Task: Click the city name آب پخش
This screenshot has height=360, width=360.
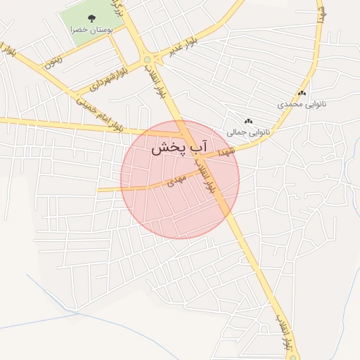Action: [x=180, y=148]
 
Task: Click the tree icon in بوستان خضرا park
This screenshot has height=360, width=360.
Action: [x=91, y=18]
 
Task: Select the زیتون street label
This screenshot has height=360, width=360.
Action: [x=53, y=60]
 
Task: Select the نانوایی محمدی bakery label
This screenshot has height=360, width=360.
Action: [x=302, y=104]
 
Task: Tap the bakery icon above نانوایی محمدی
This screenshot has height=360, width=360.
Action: [x=302, y=93]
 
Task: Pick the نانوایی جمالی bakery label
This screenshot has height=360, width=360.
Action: [x=247, y=131]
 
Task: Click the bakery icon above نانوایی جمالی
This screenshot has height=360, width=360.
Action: [x=247, y=121]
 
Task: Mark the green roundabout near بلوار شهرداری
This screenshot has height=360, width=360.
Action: [x=147, y=59]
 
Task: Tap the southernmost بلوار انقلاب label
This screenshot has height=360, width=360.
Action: [x=283, y=330]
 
